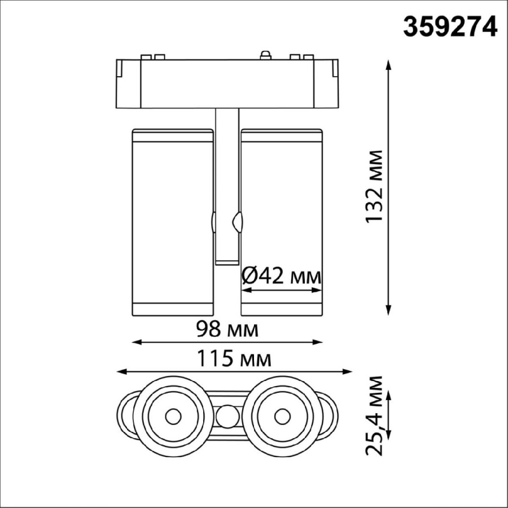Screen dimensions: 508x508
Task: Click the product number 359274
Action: [450, 26]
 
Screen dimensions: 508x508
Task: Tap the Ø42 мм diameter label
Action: [281, 277]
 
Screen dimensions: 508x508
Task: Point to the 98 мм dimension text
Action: [226, 329]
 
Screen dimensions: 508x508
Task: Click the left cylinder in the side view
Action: [172, 223]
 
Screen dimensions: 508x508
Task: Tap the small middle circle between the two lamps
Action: [227, 418]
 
